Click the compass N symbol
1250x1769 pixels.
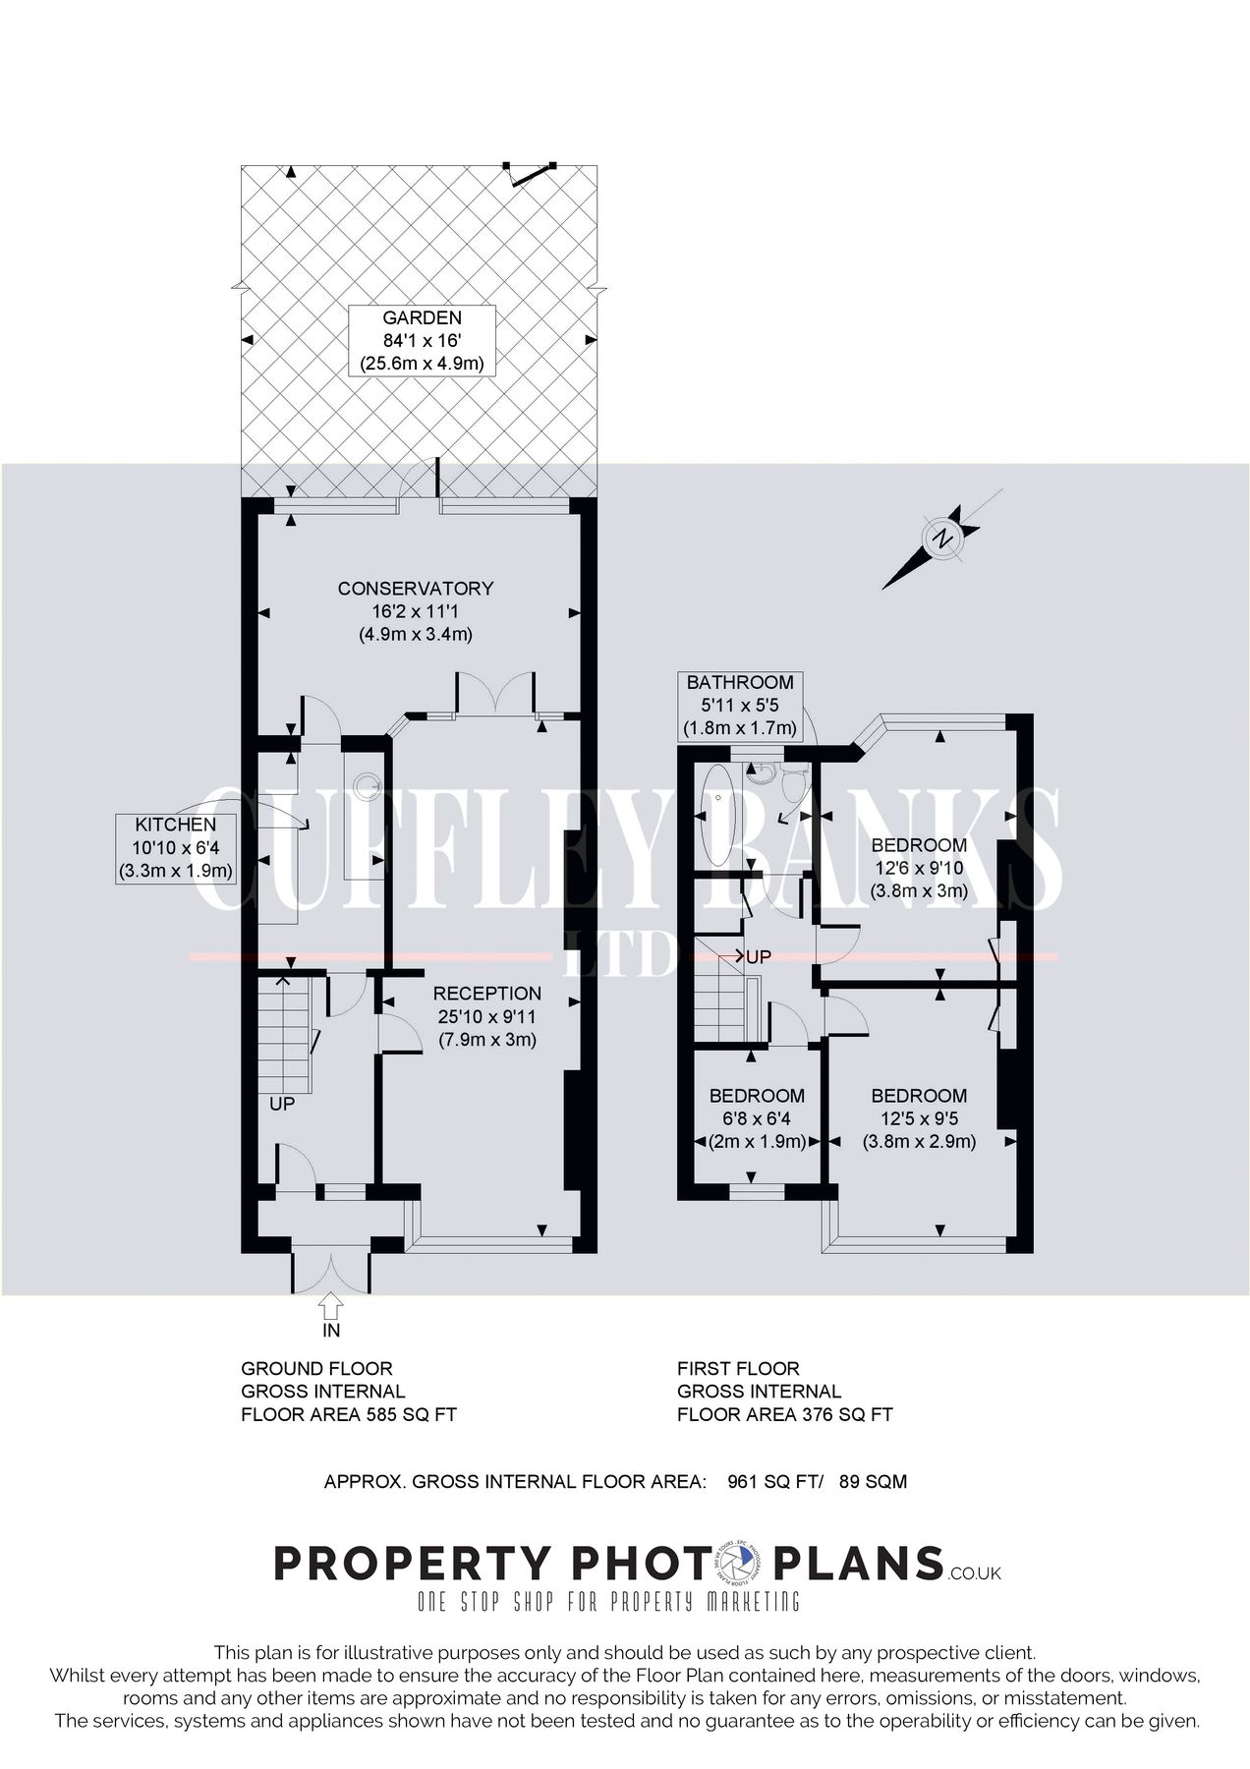click(x=942, y=538)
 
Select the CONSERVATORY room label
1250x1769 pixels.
click(x=415, y=610)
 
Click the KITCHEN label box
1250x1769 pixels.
click(x=175, y=847)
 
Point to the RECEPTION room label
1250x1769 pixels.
click(x=487, y=1016)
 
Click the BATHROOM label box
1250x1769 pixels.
click(x=739, y=705)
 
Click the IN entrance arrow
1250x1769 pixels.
click(x=330, y=1306)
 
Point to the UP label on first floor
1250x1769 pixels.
click(x=758, y=956)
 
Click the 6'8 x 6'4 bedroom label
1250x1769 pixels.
click(x=757, y=1118)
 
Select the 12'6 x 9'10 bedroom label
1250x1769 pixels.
click(x=919, y=868)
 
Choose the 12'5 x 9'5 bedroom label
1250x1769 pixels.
click(x=919, y=1118)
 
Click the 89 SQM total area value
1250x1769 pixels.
click(x=873, y=1481)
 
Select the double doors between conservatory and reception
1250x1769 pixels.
click(x=495, y=693)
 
